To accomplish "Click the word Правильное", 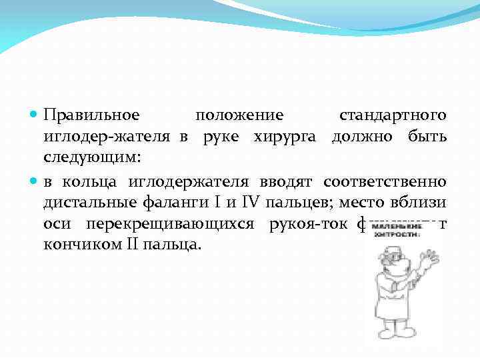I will coord(91,115).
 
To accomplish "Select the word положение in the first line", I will coord(239,115).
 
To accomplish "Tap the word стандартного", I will coord(393,115).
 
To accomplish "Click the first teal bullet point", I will coord(35,115).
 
